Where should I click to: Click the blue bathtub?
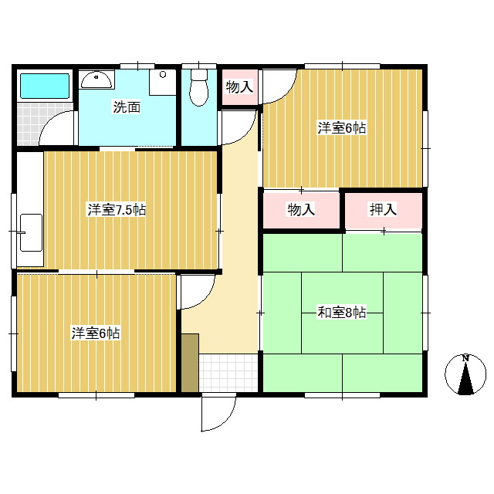(45, 86)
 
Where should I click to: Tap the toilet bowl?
(199, 93)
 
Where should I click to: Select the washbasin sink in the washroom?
(96, 80)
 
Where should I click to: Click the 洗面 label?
(127, 107)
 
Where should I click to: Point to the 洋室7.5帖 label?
(117, 210)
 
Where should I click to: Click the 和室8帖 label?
(342, 313)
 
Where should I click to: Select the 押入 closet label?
(383, 209)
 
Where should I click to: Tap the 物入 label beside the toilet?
(239, 87)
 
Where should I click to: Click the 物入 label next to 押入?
(301, 209)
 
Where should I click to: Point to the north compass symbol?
(465, 374)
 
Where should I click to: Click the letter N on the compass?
(465, 358)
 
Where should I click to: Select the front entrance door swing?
(218, 412)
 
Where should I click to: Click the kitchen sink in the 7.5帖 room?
(31, 233)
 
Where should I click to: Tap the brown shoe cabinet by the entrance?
(190, 363)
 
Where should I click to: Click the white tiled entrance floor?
(228, 373)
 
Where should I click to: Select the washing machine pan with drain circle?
(163, 82)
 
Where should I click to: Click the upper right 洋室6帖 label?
(342, 128)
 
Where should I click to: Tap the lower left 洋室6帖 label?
(96, 333)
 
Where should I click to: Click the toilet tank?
(199, 75)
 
